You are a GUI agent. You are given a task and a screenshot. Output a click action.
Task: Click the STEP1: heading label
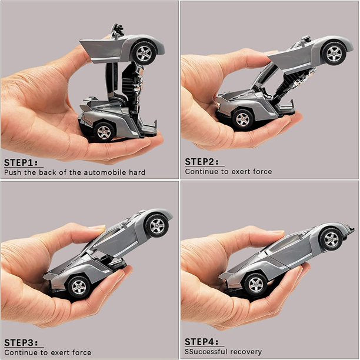coord(21,162)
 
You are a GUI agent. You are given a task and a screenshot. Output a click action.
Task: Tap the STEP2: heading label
coord(202,162)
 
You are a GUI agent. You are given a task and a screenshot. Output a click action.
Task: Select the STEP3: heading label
coord(21,342)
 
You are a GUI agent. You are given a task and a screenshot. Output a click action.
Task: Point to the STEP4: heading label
coord(202,342)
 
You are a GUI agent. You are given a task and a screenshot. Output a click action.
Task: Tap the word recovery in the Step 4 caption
coord(247,352)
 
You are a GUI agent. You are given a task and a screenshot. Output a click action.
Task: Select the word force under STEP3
coord(81,352)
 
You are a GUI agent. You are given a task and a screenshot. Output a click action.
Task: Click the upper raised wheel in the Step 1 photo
coord(144,52)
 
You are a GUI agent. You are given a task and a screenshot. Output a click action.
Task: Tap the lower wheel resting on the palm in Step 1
coord(104,131)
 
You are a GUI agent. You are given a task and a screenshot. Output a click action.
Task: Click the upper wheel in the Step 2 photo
coord(334,54)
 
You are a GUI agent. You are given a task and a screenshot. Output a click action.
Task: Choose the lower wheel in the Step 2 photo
coord(242,118)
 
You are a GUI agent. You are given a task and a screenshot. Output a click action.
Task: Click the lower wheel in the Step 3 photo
coord(78,286)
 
